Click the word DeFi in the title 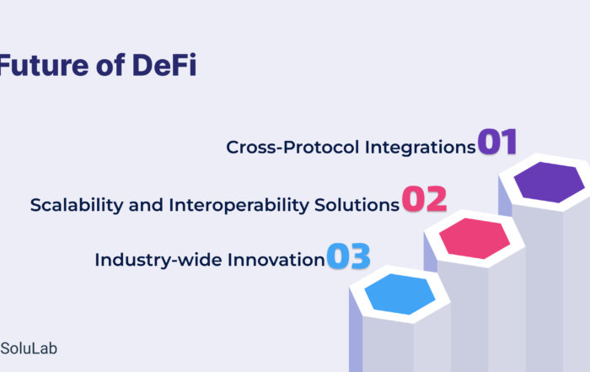click(x=164, y=65)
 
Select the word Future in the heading click(x=44, y=65)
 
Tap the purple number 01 click(x=497, y=142)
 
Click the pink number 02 click(x=424, y=199)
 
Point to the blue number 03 click(x=348, y=256)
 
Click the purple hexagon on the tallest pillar click(x=549, y=182)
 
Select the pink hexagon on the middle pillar click(x=475, y=239)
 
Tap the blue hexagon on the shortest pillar click(x=400, y=294)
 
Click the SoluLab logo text click(x=29, y=348)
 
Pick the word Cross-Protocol click(x=292, y=147)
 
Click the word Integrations click(x=421, y=148)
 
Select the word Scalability click(x=77, y=206)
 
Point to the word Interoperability click(x=239, y=206)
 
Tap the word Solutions click(x=357, y=205)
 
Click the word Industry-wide click(x=158, y=261)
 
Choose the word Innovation click(x=276, y=260)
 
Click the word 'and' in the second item click(x=146, y=205)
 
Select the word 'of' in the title click(x=110, y=65)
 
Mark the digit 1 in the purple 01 click(x=509, y=142)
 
